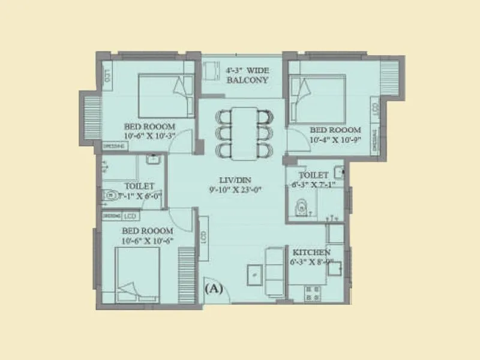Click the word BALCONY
247,80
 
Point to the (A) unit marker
214,289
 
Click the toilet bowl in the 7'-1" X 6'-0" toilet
110,196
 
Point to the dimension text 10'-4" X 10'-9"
335,139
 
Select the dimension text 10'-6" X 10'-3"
149,136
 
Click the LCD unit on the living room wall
204,237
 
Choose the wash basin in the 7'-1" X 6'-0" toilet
153,160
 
